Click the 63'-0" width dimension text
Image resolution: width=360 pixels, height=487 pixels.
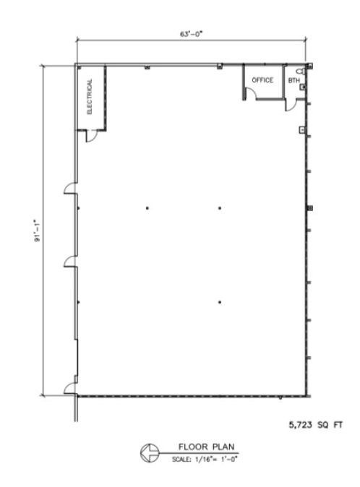pyautogui.click(x=191, y=34)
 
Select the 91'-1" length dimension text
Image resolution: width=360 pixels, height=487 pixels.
pyautogui.click(x=38, y=230)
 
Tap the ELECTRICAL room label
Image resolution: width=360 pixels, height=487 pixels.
pyautogui.click(x=90, y=96)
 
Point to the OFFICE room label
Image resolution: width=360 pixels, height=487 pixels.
pyautogui.click(x=262, y=80)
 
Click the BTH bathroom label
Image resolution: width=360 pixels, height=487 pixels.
pyautogui.click(x=293, y=80)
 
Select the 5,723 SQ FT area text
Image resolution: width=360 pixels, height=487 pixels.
pyautogui.click(x=316, y=425)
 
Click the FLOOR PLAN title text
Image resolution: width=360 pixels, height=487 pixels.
pyautogui.click(x=206, y=447)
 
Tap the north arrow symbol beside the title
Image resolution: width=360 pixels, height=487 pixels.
pyautogui.click(x=150, y=453)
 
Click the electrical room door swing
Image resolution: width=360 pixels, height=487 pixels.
pyautogui.click(x=91, y=136)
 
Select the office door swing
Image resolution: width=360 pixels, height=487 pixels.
pyautogui.click(x=250, y=93)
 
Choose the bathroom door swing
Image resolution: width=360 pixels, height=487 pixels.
pyautogui.click(x=291, y=105)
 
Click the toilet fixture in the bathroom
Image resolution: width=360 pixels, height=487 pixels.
pyautogui.click(x=301, y=71)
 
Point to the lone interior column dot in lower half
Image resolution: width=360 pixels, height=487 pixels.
pyautogui.click(x=220, y=302)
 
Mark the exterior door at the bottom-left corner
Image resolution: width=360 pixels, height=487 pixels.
pyautogui.click(x=70, y=387)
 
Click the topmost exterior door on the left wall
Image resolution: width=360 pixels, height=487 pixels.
pyautogui.click(x=70, y=188)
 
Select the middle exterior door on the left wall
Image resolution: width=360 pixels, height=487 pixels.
pyautogui.click(x=70, y=262)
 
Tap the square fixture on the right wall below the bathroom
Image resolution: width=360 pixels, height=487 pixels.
pyautogui.click(x=302, y=129)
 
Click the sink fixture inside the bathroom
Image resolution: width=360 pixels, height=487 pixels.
pyautogui.click(x=302, y=87)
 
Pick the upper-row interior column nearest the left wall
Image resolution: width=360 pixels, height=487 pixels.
pyautogui.click(x=147, y=208)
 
